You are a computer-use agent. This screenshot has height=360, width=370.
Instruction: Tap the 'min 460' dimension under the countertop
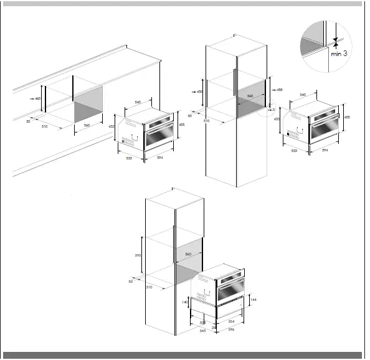36,98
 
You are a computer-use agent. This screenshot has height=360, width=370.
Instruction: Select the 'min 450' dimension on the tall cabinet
198,92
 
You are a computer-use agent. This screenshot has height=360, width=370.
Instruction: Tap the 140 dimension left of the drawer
185,302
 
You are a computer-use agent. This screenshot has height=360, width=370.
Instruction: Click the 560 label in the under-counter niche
87,125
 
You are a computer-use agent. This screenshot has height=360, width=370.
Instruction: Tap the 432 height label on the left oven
111,128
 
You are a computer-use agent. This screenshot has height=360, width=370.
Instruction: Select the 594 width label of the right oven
325,151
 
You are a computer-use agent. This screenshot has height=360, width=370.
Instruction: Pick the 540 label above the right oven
303,95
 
